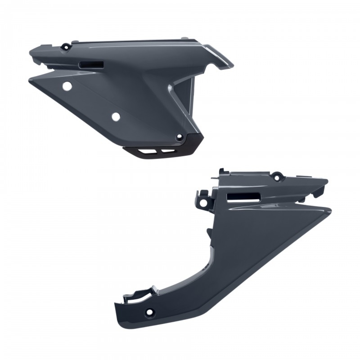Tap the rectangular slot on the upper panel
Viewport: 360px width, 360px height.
pos(91,65)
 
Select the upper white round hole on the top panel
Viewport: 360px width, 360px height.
pos(67,86)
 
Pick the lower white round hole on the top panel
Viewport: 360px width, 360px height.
pos(115,116)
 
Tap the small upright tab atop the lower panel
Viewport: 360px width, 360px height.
pos(222,171)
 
